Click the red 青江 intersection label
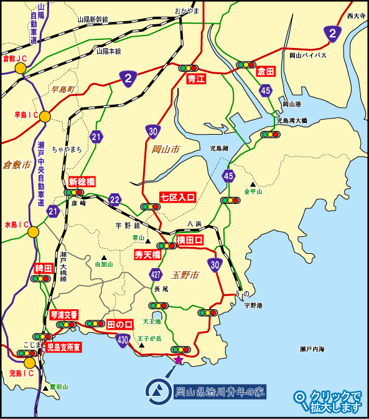click(196, 79)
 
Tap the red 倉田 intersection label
click(266, 72)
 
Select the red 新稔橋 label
click(82, 181)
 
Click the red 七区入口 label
click(178, 198)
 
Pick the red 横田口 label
click(190, 240)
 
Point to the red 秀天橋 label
click(147, 254)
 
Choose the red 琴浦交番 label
click(63, 315)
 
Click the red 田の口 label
click(120, 325)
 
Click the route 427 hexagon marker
click(156, 273)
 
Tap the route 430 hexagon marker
click(123, 340)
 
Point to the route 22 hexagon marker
click(114, 200)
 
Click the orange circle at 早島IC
click(45, 116)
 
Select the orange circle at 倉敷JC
click(21, 69)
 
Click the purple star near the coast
click(178, 360)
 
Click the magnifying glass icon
click(301, 397)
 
